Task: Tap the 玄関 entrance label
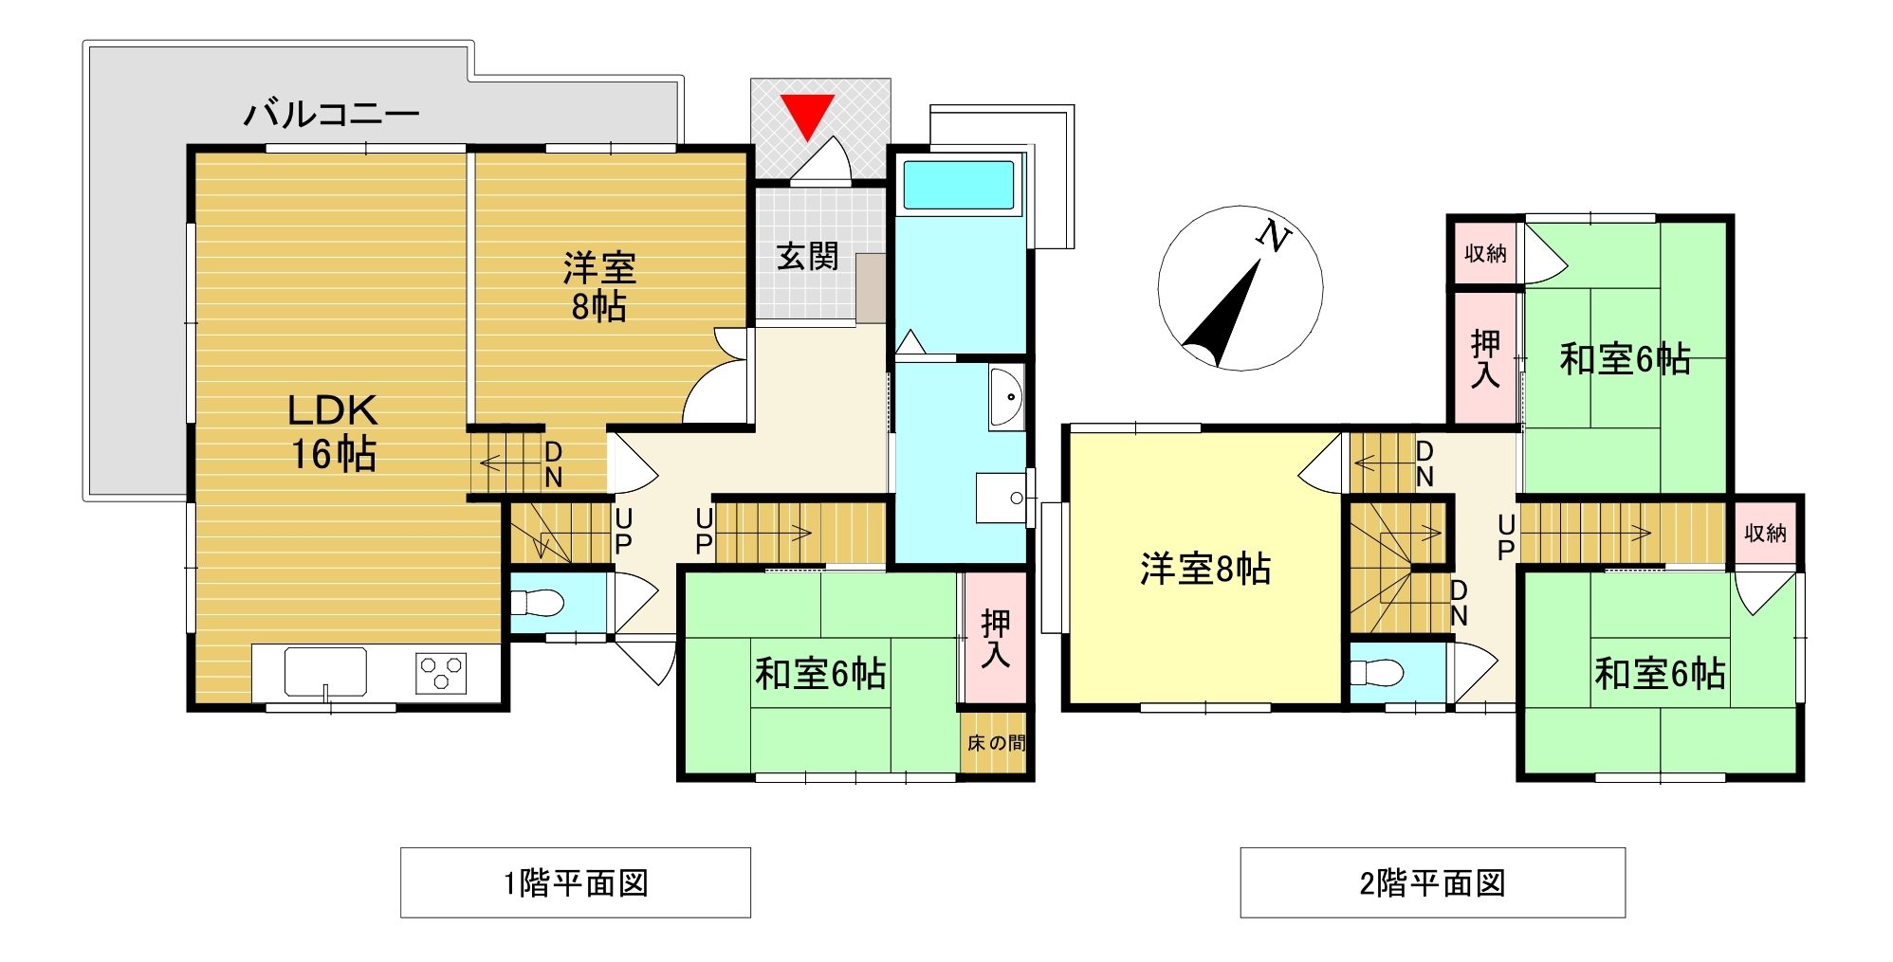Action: click(x=807, y=256)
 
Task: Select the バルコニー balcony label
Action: click(x=332, y=114)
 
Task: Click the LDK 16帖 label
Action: click(x=333, y=432)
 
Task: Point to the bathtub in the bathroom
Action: click(x=958, y=184)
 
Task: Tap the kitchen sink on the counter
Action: click(x=325, y=672)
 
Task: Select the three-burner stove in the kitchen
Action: click(x=441, y=673)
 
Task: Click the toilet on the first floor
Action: click(x=537, y=603)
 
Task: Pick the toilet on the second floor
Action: click(x=1375, y=673)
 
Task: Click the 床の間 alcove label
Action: click(x=996, y=743)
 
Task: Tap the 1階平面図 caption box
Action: click(x=576, y=882)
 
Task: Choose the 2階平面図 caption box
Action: click(x=1432, y=882)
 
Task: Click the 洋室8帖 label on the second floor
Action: click(x=1205, y=569)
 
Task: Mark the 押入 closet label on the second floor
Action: click(x=1485, y=359)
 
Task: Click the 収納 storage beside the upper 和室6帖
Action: click(x=1485, y=253)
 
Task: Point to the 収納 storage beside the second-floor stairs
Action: click(x=1765, y=533)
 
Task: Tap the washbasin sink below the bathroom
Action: click(x=1006, y=397)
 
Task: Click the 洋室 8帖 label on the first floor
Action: click(x=599, y=287)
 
